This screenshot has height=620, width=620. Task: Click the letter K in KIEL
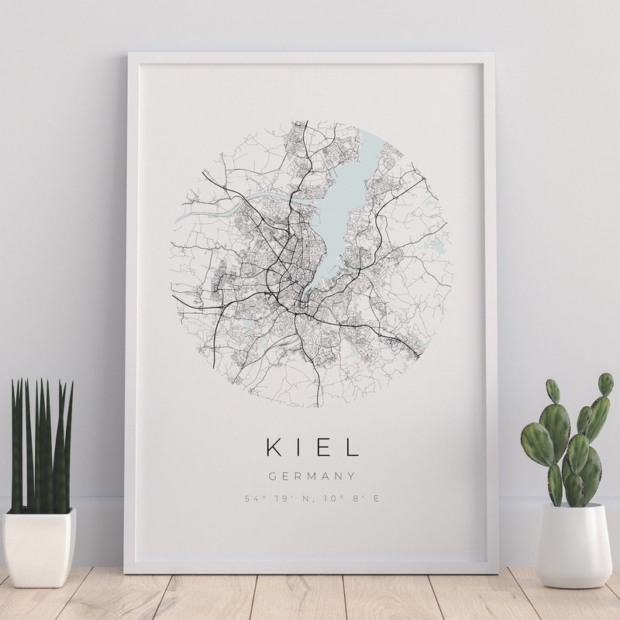pyautogui.click(x=273, y=447)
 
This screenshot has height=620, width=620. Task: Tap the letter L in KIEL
pyautogui.click(x=353, y=447)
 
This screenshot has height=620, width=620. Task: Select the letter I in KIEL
pyautogui.click(x=299, y=447)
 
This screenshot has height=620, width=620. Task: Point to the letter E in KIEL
pyautogui.click(x=325, y=447)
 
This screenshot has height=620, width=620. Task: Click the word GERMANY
pyautogui.click(x=312, y=477)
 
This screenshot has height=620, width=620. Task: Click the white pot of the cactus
pyautogui.click(x=572, y=545)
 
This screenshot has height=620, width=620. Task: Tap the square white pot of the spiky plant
pyautogui.click(x=39, y=546)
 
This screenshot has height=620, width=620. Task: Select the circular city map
pyautogui.click(x=312, y=263)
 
